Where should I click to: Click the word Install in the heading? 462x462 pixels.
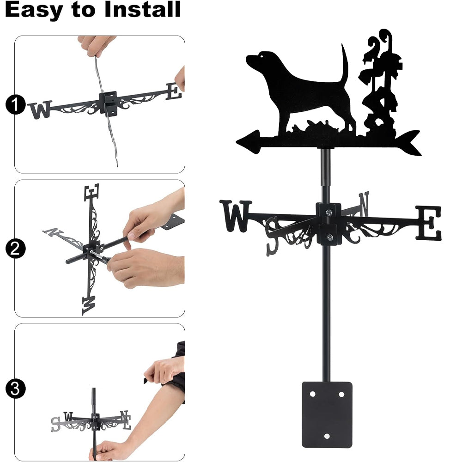142,9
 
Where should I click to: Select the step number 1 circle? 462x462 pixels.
15,104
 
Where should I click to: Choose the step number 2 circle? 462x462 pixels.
15,249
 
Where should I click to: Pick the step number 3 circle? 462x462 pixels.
15,389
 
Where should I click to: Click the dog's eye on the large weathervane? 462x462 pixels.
261,56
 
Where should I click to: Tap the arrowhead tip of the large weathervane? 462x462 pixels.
237,142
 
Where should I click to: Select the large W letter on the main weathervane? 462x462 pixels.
236,216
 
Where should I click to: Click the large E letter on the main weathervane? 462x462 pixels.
429,223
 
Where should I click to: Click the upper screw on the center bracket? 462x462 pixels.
328,212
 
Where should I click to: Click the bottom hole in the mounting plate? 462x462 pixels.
327,436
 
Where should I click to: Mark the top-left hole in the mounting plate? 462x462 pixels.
313,394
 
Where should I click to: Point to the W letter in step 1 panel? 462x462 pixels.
40,109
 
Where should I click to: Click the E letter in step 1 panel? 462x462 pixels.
174,91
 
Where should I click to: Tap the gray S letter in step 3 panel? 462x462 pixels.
55,424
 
